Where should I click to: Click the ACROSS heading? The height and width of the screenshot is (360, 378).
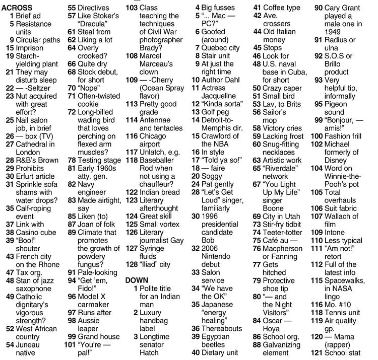tap(17, 8)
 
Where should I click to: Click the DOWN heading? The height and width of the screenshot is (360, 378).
tap(138, 279)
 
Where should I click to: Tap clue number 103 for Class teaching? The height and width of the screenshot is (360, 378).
tap(132, 8)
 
